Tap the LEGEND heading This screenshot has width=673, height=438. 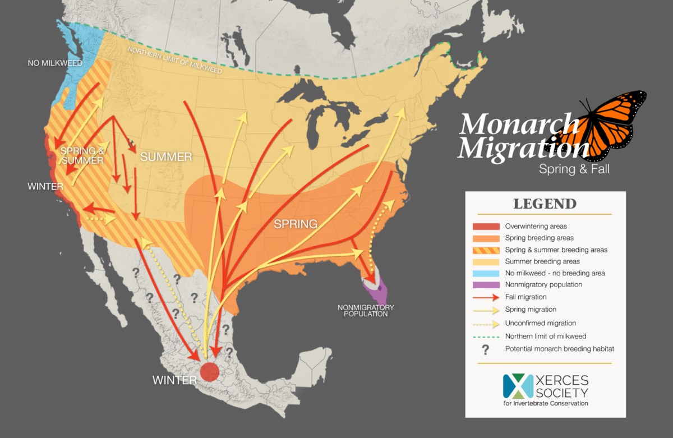tap(545, 203)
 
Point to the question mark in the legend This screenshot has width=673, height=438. tap(486, 349)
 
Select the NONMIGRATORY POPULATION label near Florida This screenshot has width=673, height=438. tap(366, 311)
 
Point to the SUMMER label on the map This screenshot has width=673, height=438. tap(166, 157)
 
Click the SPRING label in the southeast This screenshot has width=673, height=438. tap(296, 224)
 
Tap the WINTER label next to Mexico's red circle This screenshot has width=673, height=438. tap(174, 380)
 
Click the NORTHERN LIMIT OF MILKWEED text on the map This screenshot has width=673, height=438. tap(175, 61)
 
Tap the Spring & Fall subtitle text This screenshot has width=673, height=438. tap(574, 168)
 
